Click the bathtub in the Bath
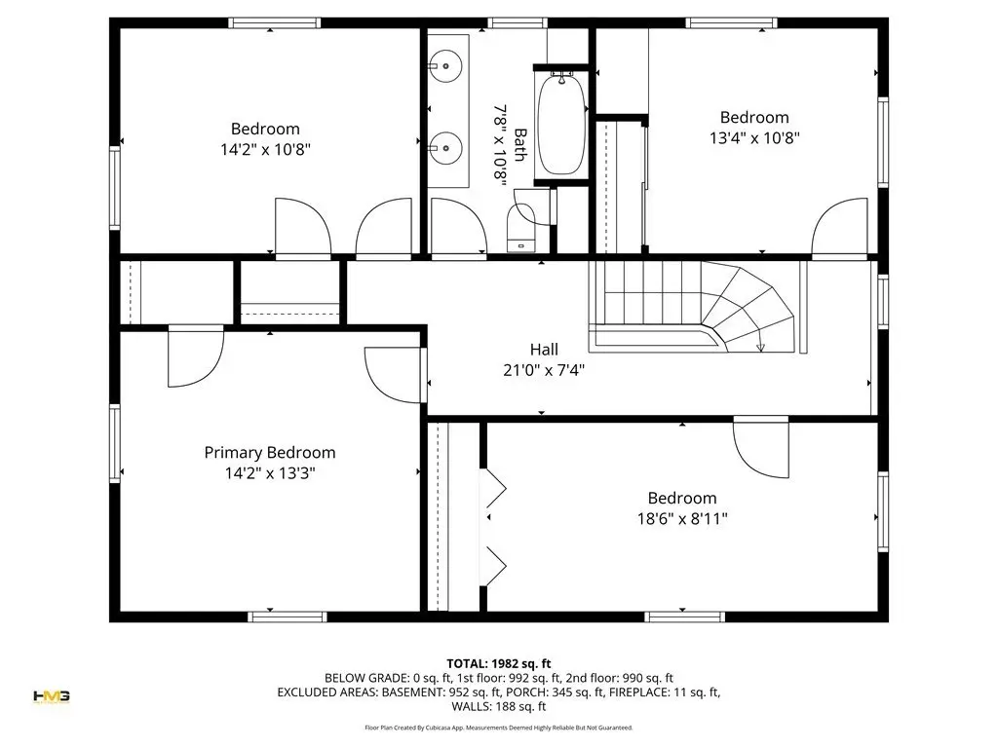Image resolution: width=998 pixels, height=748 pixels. pos(560,125)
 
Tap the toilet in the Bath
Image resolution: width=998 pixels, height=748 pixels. pos(520,228)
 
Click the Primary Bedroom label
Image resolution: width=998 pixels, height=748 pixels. pos(270,453)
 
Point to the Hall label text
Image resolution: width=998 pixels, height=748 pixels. pos(544,350)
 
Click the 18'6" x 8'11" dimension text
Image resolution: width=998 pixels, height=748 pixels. pos(682,519)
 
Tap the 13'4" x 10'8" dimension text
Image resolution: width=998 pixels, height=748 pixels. pos(754,138)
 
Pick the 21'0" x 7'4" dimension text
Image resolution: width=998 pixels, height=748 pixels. pos(544,370)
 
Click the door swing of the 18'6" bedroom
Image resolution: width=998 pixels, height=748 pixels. pos(760,447)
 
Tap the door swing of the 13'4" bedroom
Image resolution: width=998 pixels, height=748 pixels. pos(839,228)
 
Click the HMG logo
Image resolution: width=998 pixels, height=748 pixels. pos(52,696)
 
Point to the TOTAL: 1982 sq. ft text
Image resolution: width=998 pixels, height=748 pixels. pos(498,664)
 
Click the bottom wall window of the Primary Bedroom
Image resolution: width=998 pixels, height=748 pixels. pos(288,617)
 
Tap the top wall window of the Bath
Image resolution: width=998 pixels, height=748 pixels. pos(518,23)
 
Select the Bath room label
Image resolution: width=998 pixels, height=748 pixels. pos(520,145)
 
